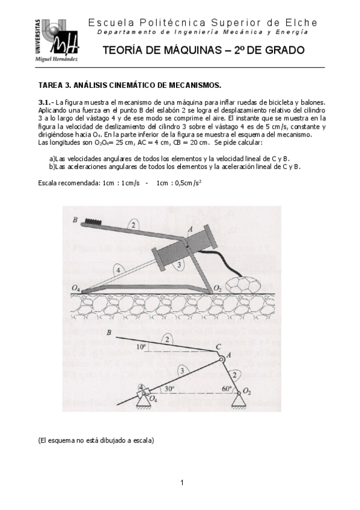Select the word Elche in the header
tap(304, 23)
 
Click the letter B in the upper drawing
tap(75, 221)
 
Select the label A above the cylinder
tap(190, 229)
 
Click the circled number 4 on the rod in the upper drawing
tap(119, 271)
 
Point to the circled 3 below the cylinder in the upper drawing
tap(178, 264)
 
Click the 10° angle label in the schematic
tap(141, 347)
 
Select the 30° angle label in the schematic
tap(170, 389)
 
